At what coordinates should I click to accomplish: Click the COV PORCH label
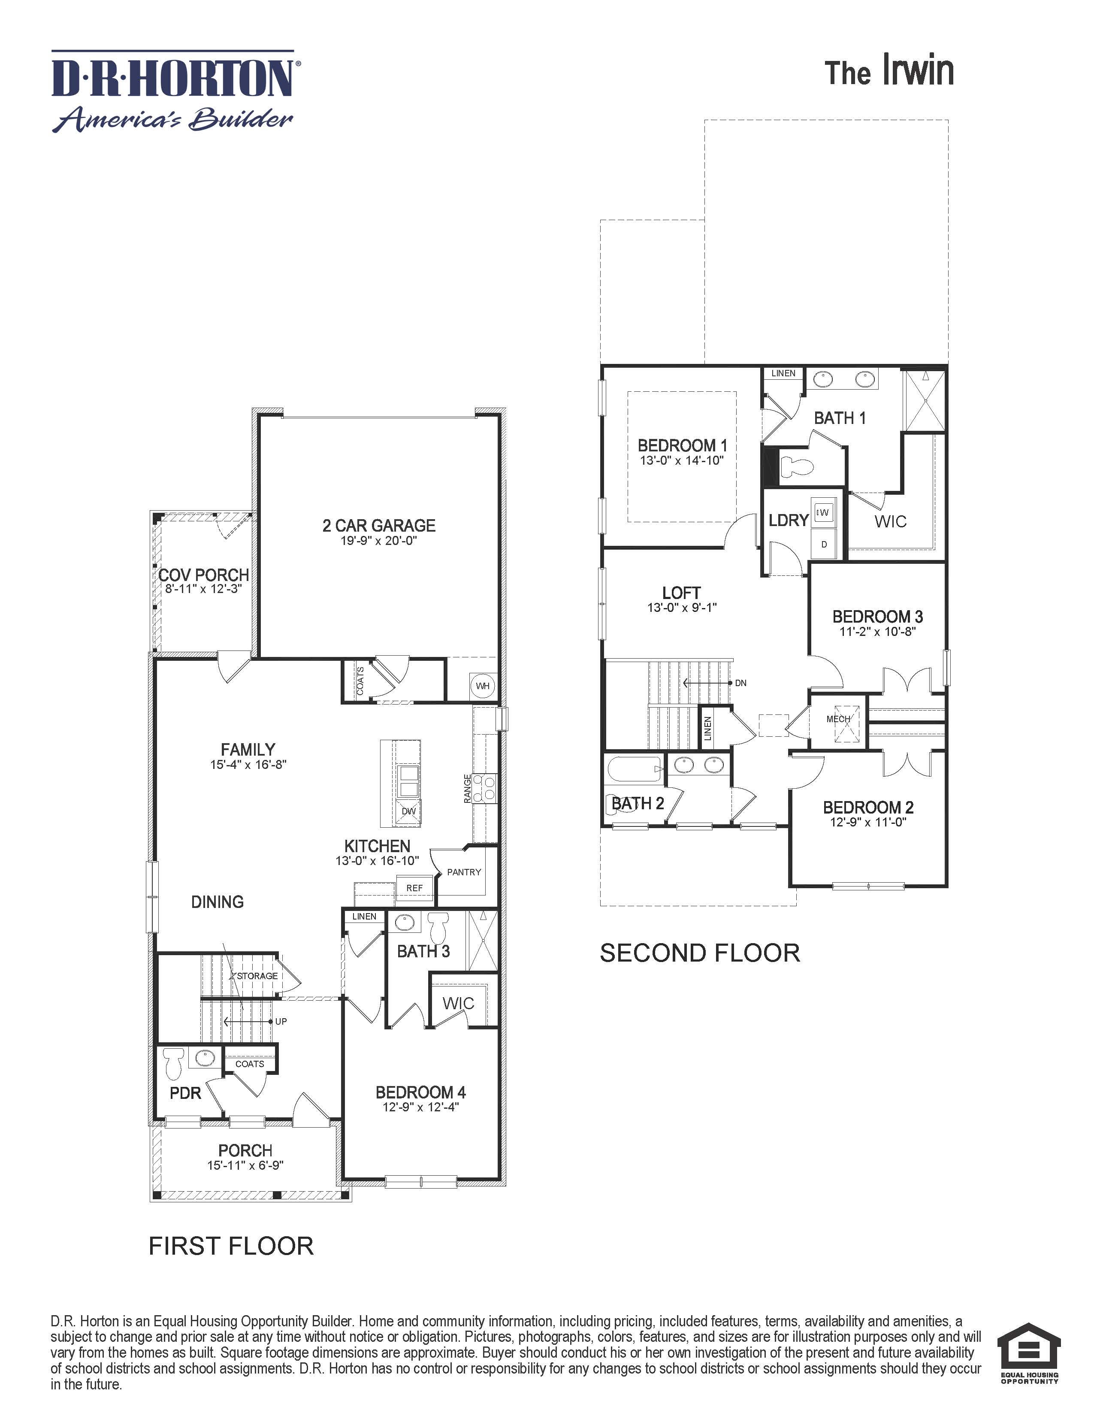coord(203,575)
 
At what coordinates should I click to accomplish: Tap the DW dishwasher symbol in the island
coord(408,811)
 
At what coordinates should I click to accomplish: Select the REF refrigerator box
coord(414,888)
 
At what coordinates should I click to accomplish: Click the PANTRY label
coord(464,872)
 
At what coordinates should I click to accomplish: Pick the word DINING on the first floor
coord(217,902)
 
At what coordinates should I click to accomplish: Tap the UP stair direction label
coord(281,1021)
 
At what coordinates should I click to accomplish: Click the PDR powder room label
coord(185,1094)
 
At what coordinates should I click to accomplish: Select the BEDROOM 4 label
coord(420,1092)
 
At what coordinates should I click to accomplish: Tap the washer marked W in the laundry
coord(823,513)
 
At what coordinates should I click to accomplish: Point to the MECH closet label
coord(837,719)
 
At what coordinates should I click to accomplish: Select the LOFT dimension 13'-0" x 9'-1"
coord(682,608)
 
